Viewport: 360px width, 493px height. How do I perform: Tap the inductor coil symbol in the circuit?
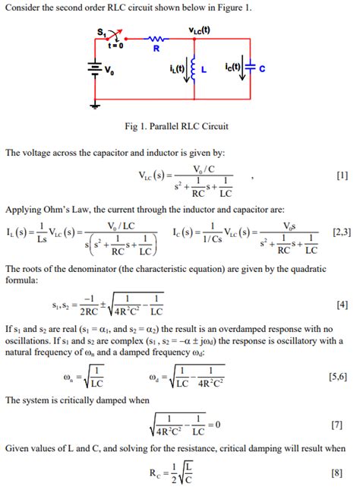click(194, 71)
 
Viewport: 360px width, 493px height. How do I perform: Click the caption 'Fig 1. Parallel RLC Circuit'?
click(180, 126)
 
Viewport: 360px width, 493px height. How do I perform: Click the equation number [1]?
click(341, 176)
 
